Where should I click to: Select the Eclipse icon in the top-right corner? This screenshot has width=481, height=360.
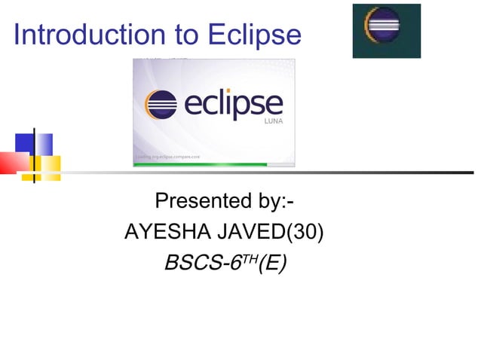[x=386, y=30]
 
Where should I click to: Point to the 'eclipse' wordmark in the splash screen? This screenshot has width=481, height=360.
[x=230, y=105]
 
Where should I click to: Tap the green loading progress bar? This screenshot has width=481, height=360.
[x=200, y=164]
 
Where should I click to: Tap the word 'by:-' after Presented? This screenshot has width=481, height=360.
[x=274, y=202]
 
